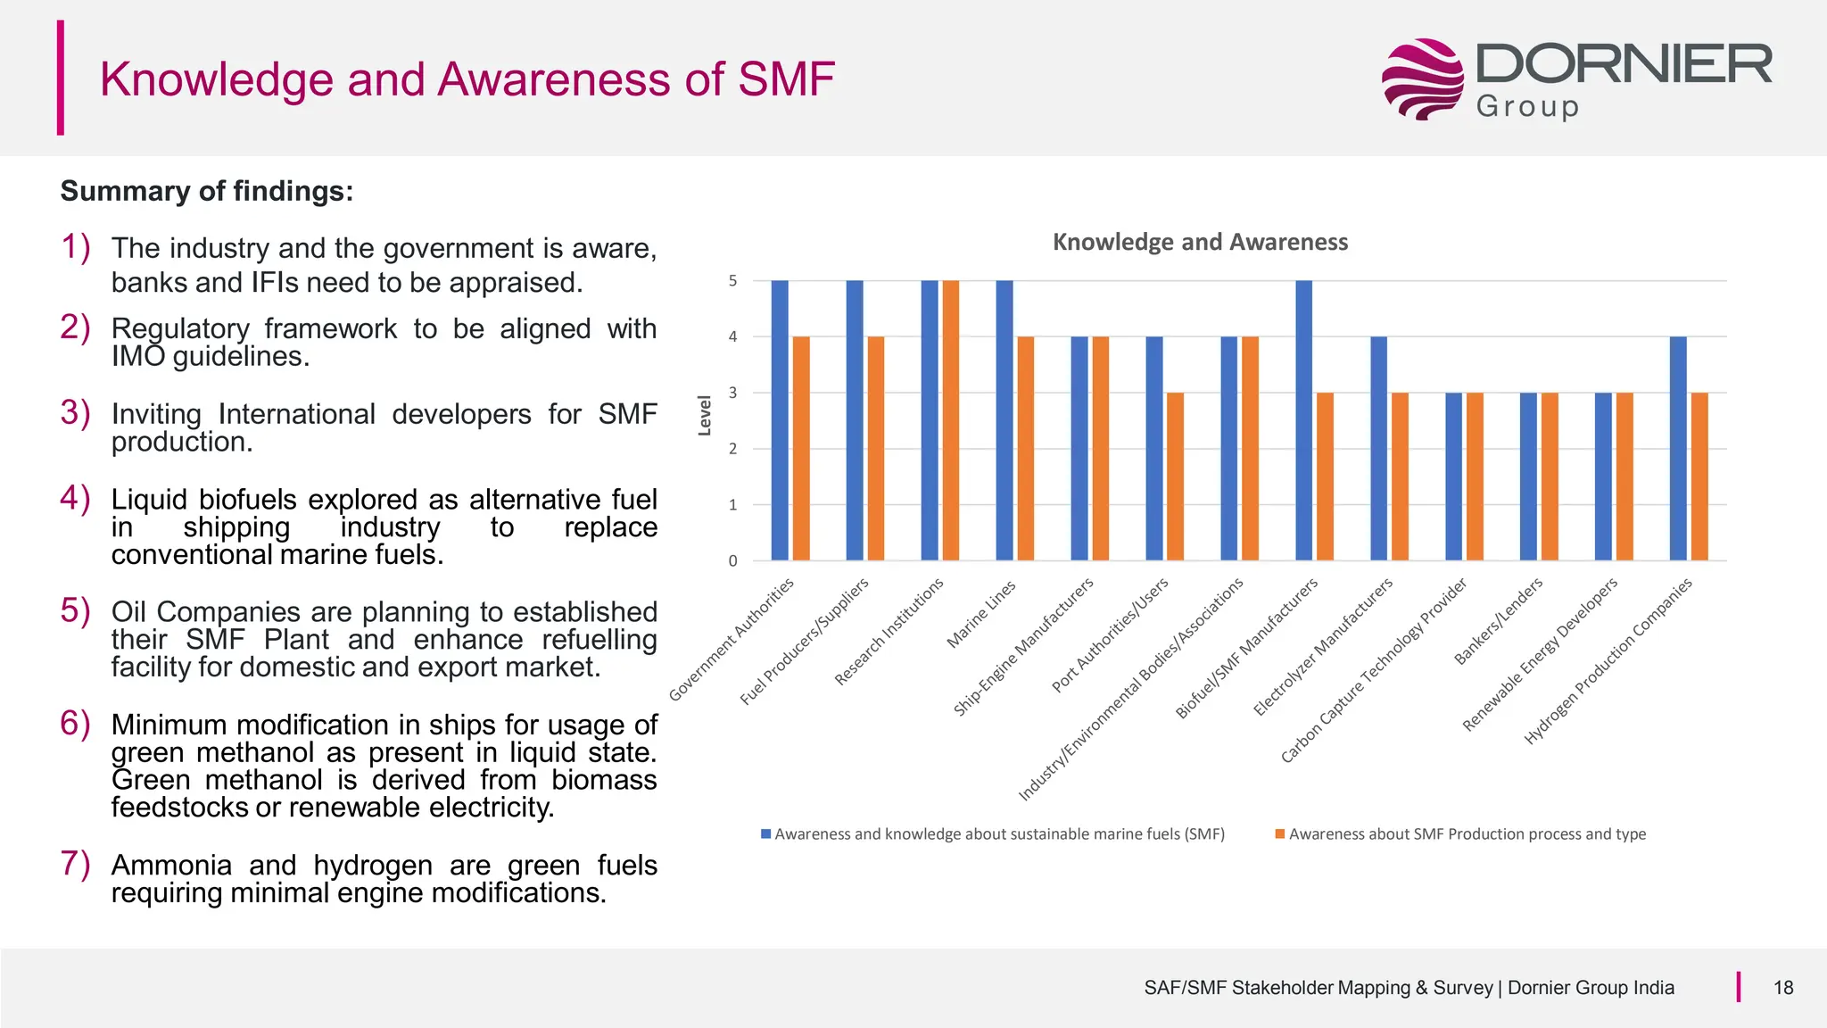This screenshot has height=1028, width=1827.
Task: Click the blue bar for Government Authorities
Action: [780, 420]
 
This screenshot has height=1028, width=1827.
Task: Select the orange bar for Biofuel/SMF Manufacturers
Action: [1326, 477]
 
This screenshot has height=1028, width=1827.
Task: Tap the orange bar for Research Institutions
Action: [951, 420]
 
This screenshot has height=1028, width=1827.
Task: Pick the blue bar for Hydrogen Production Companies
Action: [1678, 448]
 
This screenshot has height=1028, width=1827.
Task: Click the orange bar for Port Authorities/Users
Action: [1176, 477]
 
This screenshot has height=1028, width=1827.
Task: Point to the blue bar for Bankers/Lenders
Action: [1528, 477]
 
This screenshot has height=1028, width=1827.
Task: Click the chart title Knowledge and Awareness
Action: [1200, 242]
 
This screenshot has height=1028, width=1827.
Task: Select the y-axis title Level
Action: [705, 416]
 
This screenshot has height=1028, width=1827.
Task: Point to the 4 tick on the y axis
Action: [733, 337]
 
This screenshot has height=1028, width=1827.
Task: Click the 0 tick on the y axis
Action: [733, 561]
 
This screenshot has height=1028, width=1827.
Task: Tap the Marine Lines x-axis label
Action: [981, 614]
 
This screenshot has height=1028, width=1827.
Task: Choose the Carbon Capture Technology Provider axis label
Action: [1374, 671]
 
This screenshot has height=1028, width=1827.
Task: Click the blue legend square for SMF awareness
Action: [765, 833]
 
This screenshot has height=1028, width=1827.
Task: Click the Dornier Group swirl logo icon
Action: [1422, 79]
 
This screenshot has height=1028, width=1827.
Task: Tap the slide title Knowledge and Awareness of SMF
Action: [467, 79]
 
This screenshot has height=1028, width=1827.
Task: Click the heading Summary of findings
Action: [207, 191]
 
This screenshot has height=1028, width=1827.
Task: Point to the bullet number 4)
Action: [76, 498]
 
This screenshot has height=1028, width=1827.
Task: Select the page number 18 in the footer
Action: [1782, 988]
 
